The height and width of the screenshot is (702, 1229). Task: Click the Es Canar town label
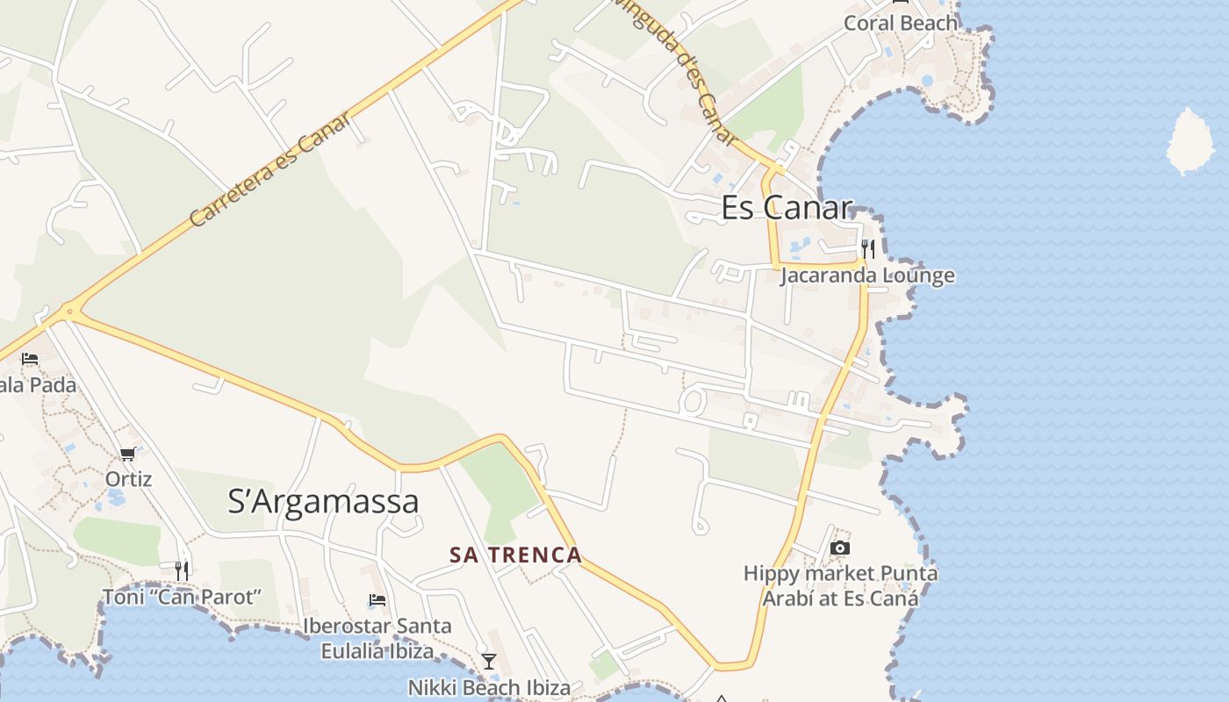click(787, 208)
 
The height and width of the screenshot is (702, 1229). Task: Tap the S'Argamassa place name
click(323, 502)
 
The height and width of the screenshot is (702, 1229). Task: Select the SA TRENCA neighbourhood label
click(515, 555)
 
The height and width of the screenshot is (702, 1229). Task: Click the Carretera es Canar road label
click(270, 168)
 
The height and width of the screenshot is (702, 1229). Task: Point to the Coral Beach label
click(900, 23)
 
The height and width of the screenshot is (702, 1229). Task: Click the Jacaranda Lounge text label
click(867, 276)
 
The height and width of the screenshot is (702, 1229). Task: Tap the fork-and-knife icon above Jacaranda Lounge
click(867, 248)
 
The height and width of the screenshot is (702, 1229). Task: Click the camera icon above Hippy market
click(839, 548)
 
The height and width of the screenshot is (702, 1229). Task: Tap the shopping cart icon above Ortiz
click(128, 454)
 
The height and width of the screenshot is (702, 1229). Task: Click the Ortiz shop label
click(128, 479)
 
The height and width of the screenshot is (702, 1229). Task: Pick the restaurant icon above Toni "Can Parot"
click(182, 570)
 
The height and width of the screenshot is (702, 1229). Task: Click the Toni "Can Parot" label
click(183, 598)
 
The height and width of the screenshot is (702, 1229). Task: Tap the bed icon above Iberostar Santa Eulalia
click(377, 600)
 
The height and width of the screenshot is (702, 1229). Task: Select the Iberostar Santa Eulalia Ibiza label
click(377, 639)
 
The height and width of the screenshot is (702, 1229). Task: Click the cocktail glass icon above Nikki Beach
click(489, 661)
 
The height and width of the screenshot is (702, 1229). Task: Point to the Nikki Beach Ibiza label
click(489, 688)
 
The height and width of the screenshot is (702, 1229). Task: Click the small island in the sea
click(1190, 140)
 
